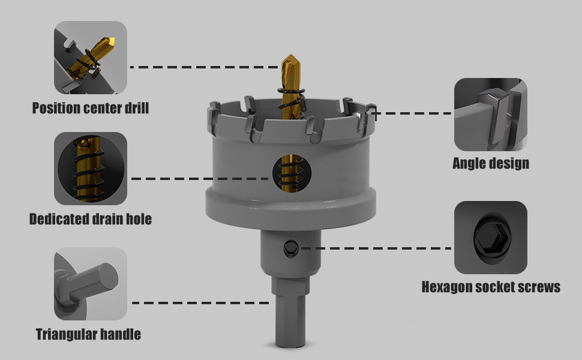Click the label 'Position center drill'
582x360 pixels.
[x=91, y=109]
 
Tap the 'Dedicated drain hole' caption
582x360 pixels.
[x=91, y=220]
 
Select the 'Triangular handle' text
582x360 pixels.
[x=88, y=334]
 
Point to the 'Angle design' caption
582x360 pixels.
[x=491, y=163]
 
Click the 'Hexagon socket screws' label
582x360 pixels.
[x=491, y=287]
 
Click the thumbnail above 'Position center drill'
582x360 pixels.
[x=91, y=58]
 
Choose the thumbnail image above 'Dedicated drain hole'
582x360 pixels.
[x=91, y=169]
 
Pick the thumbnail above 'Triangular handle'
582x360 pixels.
[x=91, y=284]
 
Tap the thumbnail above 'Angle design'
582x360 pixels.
[x=491, y=114]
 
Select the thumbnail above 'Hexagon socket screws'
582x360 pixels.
[x=491, y=238]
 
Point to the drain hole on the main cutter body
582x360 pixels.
[x=292, y=173]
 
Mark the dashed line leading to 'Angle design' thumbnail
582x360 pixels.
[x=414, y=113]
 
